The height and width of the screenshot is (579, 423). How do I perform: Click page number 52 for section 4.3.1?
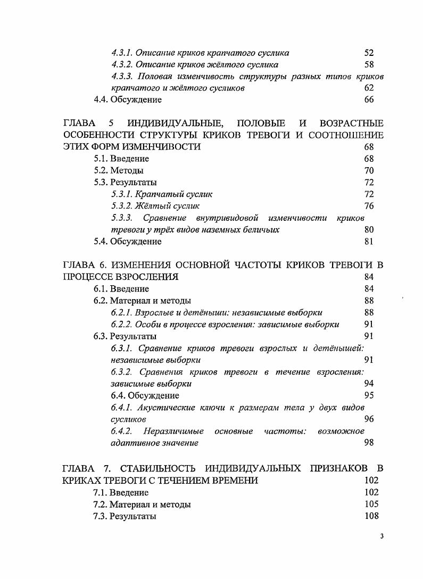click(x=369, y=53)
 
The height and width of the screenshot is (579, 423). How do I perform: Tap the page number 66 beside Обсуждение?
click(x=369, y=100)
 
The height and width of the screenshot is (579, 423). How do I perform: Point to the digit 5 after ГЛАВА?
click(x=105, y=124)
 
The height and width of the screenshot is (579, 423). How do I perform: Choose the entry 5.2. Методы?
click(x=119, y=171)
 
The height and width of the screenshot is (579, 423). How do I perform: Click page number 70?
click(x=369, y=171)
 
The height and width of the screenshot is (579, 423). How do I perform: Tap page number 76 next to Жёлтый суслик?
click(x=369, y=206)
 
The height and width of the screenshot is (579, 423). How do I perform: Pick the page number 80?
click(x=369, y=229)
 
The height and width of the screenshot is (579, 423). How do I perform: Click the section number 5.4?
click(x=101, y=241)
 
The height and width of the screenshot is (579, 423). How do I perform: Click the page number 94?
click(x=369, y=383)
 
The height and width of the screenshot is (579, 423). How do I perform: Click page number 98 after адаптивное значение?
click(x=369, y=442)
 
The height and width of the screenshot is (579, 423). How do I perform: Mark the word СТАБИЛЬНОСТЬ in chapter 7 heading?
click(x=155, y=468)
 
